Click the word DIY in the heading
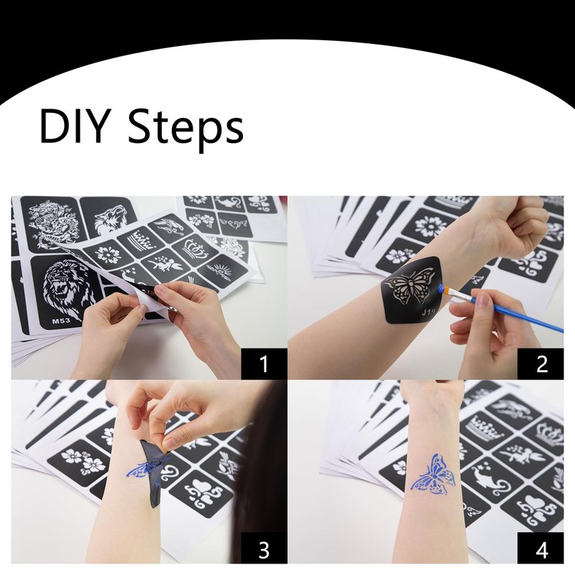pos(75,126)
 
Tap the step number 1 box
pos(264,364)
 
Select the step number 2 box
pos(540,364)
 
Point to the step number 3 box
pos(264,548)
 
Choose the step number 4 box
pos(540,548)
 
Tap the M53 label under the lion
pos(60,321)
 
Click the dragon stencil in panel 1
pos(55,223)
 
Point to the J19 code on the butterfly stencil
pos(428,312)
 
